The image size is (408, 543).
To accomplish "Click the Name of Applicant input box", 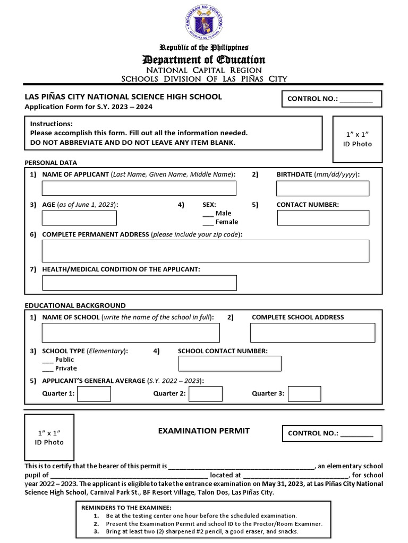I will tap(139, 188).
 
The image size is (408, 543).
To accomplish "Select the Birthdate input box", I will tap(322, 188).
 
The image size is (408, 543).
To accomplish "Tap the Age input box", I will tap(79, 217).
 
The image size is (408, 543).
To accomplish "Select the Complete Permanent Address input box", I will tap(206, 251).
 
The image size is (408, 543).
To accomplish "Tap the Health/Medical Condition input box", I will tap(139, 283).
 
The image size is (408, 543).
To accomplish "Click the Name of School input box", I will tap(131, 332).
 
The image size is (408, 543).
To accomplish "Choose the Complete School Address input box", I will tap(312, 332).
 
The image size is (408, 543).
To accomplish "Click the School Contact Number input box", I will tap(229, 363).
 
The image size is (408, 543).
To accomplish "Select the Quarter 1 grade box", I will tap(94, 393).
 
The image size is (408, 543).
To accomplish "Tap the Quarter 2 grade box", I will tap(206, 393).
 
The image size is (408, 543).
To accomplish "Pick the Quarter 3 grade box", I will tap(304, 393).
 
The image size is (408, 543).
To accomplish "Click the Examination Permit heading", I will tap(203, 431).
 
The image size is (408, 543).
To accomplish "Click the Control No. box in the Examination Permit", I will tap(331, 433).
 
